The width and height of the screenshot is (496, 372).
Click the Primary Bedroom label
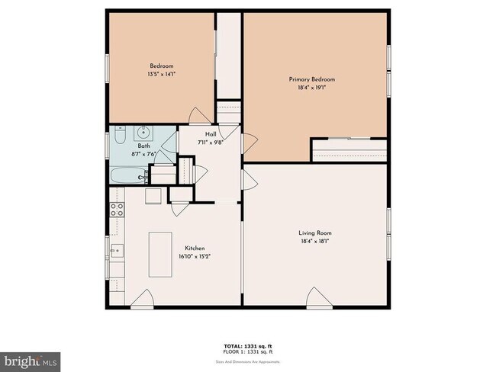(311, 79)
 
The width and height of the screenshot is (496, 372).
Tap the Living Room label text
(314, 233)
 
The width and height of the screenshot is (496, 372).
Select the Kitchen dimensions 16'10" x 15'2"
(195, 257)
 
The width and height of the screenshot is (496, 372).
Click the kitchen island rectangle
(159, 255)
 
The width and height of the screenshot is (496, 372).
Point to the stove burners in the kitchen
(117, 210)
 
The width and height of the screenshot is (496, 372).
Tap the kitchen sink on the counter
(117, 250)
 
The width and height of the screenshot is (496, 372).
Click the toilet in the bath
(120, 136)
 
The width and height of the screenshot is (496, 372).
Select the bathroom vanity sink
(146, 132)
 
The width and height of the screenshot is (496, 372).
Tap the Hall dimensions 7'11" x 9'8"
(211, 143)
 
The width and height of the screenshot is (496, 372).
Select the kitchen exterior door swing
(142, 299)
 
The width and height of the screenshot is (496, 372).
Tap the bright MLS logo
(31, 358)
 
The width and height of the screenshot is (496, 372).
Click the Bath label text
(143, 146)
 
